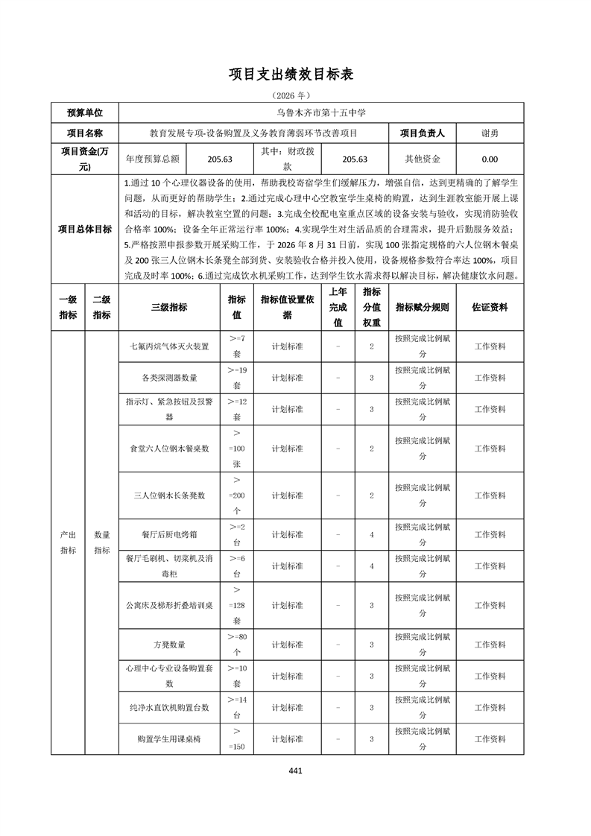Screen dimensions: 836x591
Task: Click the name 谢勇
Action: click(490, 133)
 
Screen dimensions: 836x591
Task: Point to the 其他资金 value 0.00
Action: click(490, 159)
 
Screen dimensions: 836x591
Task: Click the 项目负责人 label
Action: click(422, 133)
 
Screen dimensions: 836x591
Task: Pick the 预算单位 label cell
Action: click(85, 113)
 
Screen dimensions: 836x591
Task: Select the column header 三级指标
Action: click(169, 307)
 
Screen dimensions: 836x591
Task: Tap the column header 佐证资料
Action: click(490, 307)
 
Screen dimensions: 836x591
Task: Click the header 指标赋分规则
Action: click(422, 307)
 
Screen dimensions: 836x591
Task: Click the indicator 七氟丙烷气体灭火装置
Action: click(169, 346)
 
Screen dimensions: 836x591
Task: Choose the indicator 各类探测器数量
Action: click(169, 378)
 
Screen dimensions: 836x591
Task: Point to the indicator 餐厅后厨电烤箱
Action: click(169, 535)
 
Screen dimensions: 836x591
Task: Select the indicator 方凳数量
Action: click(169, 645)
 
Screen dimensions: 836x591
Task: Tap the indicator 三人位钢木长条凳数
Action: click(169, 495)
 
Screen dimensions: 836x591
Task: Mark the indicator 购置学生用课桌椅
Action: click(169, 739)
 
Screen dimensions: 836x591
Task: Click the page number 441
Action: click(295, 771)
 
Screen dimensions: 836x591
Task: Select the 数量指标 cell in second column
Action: click(102, 542)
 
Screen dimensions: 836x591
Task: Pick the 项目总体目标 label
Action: click(85, 229)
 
